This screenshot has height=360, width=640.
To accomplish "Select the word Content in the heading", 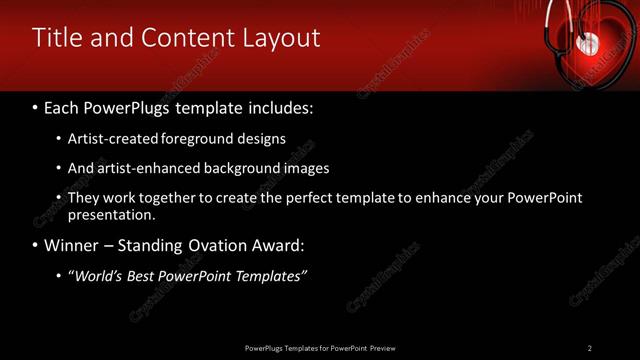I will click(x=182, y=38).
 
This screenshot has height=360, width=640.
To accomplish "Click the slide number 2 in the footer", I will click(x=589, y=347).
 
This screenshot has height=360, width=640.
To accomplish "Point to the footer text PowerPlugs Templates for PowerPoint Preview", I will click(x=320, y=347).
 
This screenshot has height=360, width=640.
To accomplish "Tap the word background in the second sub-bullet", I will click(x=241, y=168).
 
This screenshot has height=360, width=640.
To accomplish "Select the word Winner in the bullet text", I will click(x=71, y=245).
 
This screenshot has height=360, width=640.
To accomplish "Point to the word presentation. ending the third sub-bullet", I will click(x=111, y=214).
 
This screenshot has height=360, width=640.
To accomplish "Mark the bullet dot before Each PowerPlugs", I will click(x=36, y=105).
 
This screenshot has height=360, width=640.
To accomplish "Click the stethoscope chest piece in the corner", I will click(x=589, y=43).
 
